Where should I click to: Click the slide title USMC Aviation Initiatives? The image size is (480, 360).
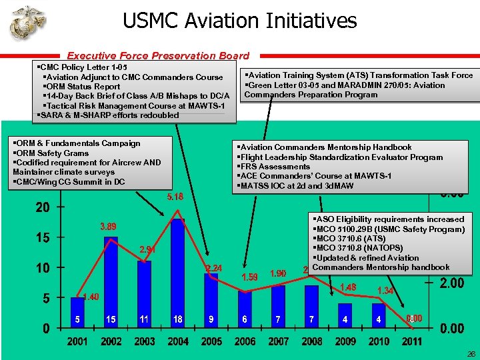tap(239, 21)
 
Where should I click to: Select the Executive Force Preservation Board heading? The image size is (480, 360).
tap(158, 56)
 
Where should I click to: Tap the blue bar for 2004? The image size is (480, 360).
tap(177, 267)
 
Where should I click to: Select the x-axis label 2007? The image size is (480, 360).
tap(278, 341)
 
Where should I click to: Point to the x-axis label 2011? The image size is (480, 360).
tap(412, 341)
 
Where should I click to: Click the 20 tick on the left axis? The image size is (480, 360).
tap(42, 208)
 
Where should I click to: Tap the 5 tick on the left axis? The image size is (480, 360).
tap(46, 298)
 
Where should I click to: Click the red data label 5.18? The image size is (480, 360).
tap(175, 197)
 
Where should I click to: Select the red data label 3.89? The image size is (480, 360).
tap(109, 227)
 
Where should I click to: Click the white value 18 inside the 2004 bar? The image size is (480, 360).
tap(177, 319)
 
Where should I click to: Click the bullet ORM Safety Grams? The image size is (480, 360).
tap(51, 153)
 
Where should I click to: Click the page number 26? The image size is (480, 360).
tap(469, 354)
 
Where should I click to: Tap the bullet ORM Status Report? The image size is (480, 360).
tap(81, 87)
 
